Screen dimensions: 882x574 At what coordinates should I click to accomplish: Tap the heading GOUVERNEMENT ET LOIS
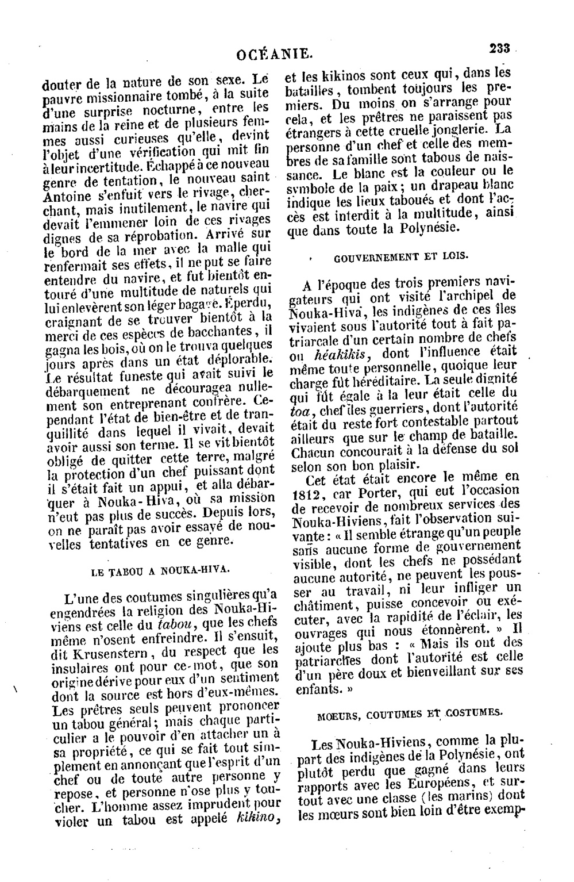point(400,257)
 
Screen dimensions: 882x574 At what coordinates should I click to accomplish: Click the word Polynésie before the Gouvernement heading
point(429,227)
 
